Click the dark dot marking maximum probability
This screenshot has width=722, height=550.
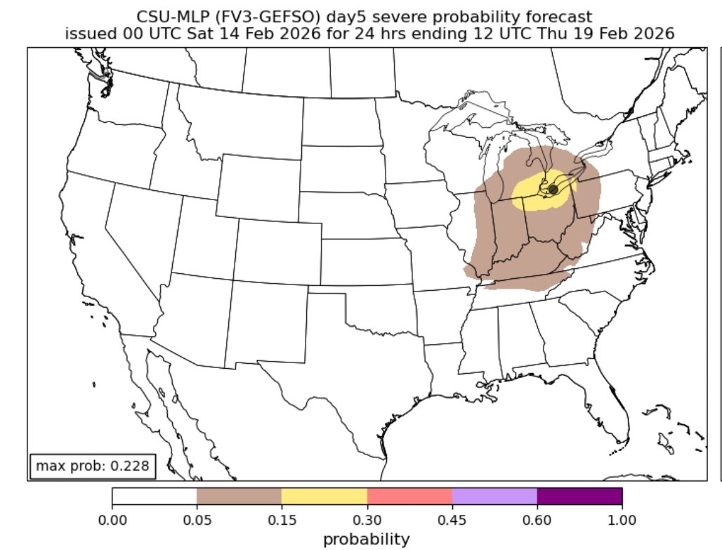553,190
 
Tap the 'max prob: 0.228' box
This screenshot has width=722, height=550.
91,466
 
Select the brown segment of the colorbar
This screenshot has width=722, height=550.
239,496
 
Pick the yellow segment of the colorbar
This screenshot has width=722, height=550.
324,496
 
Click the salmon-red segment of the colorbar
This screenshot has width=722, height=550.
409,496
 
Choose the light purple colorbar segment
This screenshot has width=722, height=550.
494,496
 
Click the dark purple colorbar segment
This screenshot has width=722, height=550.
579,496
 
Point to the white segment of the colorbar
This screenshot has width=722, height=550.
154,496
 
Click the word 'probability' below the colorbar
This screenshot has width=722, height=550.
366,539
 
